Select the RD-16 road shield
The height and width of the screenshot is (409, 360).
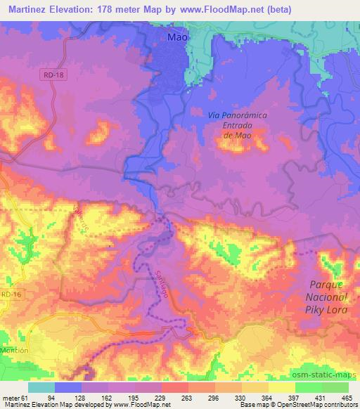(x=10, y=295)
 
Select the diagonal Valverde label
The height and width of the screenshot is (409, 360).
(x=82, y=218)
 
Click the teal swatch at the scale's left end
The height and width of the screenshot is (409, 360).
(x=41, y=387)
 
